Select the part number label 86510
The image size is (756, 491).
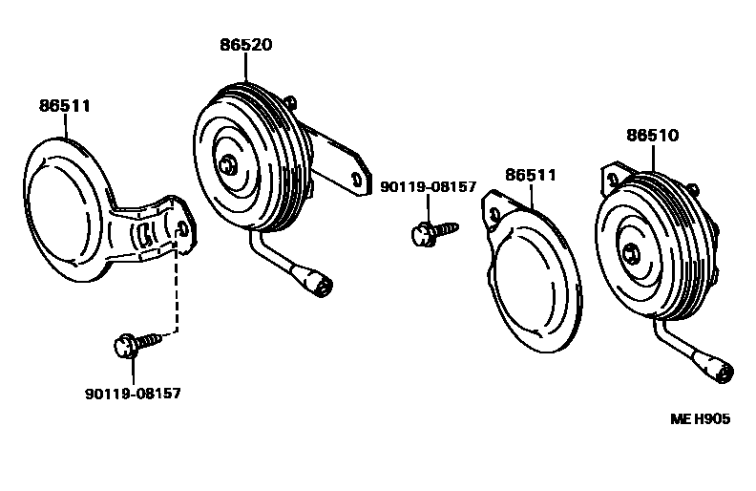click(x=652, y=136)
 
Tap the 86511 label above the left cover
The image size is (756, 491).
click(x=65, y=106)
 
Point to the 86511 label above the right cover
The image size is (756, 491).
click(x=531, y=176)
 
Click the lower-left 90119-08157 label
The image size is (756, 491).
click(x=133, y=393)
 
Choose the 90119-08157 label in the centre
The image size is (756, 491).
click(x=428, y=187)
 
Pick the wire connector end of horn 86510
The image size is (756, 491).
click(x=719, y=370)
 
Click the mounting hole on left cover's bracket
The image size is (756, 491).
click(x=181, y=226)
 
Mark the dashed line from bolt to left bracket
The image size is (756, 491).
click(x=177, y=296)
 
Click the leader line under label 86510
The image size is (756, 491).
click(x=653, y=158)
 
